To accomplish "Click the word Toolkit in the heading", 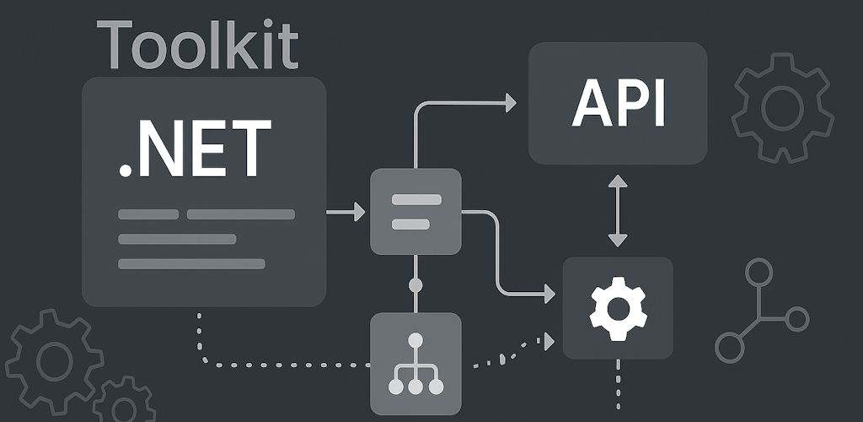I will pyautogui.click(x=198, y=46).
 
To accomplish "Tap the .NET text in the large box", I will pyautogui.click(x=195, y=149).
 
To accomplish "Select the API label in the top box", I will pyautogui.click(x=619, y=105).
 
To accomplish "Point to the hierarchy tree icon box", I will pyautogui.click(x=415, y=363).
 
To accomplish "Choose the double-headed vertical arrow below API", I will pyautogui.click(x=618, y=211).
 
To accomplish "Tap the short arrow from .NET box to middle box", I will pyautogui.click(x=346, y=213).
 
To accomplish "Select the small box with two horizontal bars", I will pyautogui.click(x=415, y=211).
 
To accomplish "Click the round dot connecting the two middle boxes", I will pyautogui.click(x=415, y=285).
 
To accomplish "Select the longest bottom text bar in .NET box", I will pyautogui.click(x=191, y=264).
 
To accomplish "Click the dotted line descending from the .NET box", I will pyautogui.click(x=200, y=333).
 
